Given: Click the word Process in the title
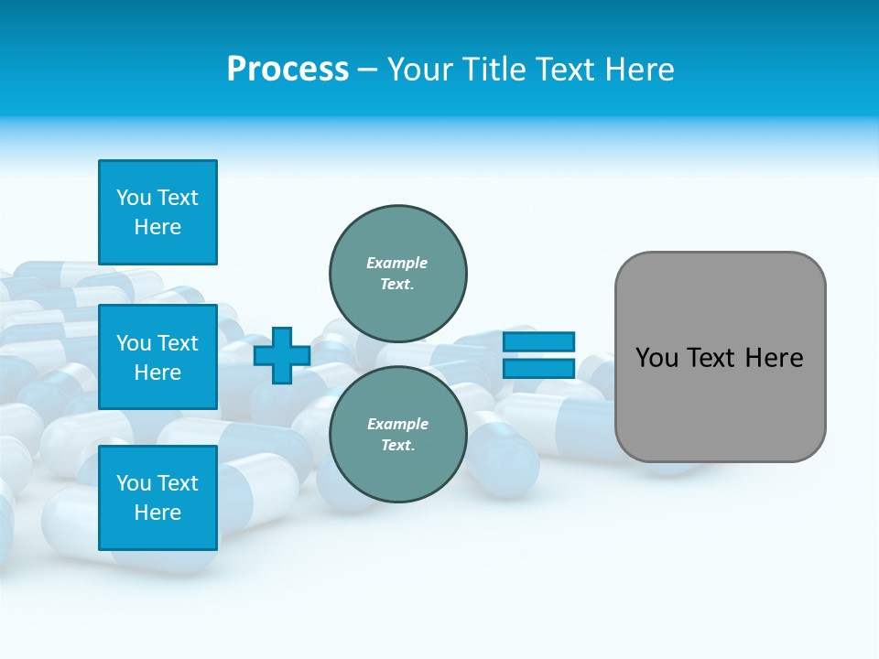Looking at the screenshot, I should tap(288, 70).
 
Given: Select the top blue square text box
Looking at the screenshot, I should tap(157, 212).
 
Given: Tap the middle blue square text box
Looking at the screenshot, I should tap(157, 357).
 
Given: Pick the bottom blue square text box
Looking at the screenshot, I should tap(157, 497).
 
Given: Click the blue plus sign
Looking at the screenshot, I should tap(282, 355).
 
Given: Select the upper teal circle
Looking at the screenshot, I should tap(397, 274).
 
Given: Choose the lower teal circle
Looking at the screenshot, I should tap(397, 434).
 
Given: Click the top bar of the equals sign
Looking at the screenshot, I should tap(538, 342).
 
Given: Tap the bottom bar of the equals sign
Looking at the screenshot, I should tap(538, 368).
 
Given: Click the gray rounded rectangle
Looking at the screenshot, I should tap(720, 357).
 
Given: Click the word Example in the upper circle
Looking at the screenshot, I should tap(396, 263).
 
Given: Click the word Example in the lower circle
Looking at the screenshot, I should tap(396, 424).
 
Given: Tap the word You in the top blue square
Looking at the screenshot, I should tap(134, 198).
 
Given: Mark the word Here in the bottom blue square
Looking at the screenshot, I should tap(157, 513).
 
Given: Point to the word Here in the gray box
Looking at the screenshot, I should tap(774, 358).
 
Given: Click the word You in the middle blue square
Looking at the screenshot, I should tap(134, 343).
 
